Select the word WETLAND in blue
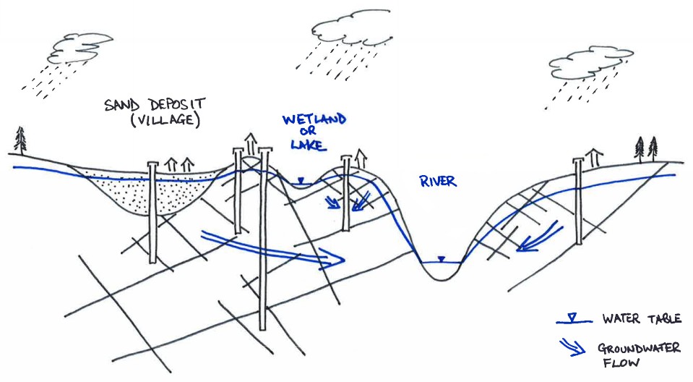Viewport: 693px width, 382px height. coord(313,119)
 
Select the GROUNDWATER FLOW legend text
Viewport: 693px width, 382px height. coord(638,356)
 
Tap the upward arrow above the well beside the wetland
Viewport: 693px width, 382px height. coord(361,156)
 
